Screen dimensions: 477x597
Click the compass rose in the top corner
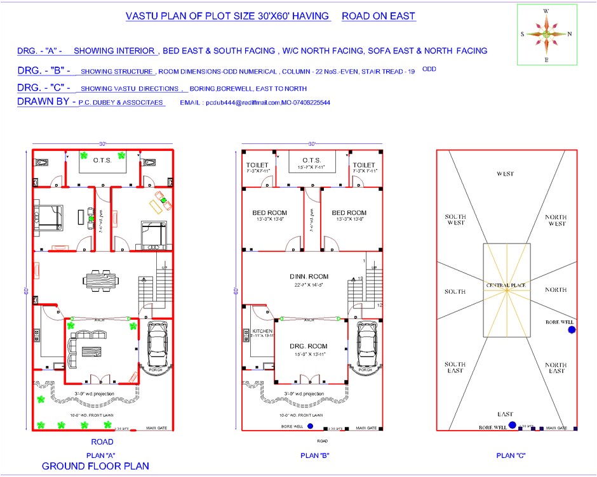[x=546, y=34]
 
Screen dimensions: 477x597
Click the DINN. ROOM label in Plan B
[x=311, y=276]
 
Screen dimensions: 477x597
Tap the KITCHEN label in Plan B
[x=262, y=332]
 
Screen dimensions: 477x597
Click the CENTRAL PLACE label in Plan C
[x=506, y=285]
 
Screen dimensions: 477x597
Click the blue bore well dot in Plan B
[x=310, y=426]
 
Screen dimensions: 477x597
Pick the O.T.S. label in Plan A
[x=103, y=160]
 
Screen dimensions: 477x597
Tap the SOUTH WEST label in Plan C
[x=455, y=219]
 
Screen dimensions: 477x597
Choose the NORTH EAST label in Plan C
[x=555, y=368]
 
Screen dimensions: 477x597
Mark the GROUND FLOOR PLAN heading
[x=96, y=466]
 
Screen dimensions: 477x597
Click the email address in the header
[x=255, y=102]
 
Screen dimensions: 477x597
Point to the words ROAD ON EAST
[x=379, y=16]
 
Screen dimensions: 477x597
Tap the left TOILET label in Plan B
[x=258, y=165]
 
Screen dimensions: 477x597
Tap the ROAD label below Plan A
[x=102, y=442]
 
